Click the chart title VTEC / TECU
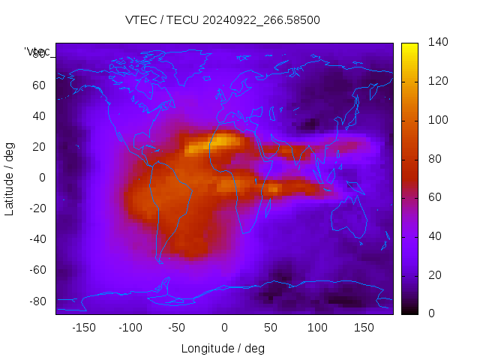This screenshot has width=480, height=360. point(162,20)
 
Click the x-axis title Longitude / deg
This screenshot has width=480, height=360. point(223,348)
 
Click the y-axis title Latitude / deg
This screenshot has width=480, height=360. point(10,177)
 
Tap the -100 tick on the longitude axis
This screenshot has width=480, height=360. point(130,328)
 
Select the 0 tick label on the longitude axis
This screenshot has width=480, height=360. point(223,328)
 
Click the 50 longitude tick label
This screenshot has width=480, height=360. point(271,328)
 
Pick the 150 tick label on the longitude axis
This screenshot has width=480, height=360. point(364,328)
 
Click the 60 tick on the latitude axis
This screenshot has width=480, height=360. point(38,85)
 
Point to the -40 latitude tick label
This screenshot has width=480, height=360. point(36,239)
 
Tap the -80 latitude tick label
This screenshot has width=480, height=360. point(36,301)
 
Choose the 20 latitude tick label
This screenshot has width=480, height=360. point(38,146)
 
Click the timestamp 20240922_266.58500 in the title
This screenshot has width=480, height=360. point(262,20)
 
